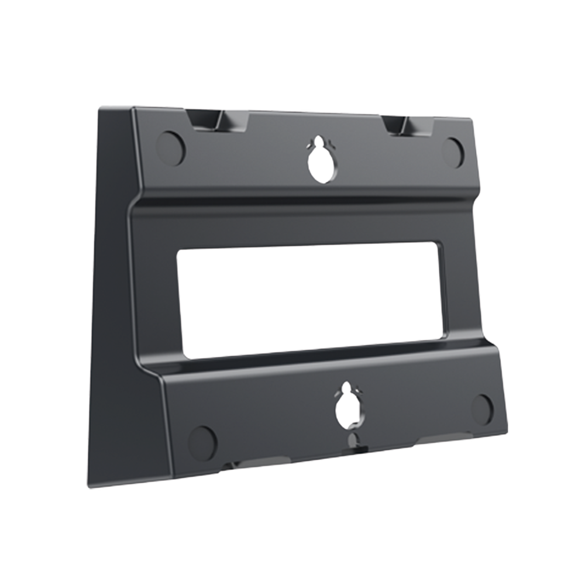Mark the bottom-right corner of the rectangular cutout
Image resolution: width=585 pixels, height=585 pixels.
pyautogui.click(x=442, y=335)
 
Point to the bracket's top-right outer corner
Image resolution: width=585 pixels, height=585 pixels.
pyautogui.click(x=472, y=119)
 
